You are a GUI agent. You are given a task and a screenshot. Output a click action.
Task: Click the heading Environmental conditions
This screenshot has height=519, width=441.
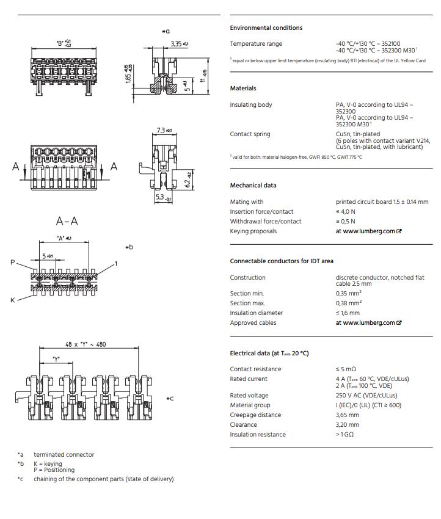click(x=266, y=28)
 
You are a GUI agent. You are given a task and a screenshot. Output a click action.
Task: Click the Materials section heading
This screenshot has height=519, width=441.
click(x=243, y=89)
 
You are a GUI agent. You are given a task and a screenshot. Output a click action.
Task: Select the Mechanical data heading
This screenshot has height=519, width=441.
click(x=253, y=186)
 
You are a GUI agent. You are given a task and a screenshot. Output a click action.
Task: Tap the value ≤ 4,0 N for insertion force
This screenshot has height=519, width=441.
click(x=346, y=212)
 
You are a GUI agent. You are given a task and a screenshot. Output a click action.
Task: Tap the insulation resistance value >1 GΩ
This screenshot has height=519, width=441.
click(x=345, y=435)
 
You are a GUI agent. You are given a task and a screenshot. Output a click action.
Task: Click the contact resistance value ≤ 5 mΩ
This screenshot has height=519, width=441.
click(x=346, y=369)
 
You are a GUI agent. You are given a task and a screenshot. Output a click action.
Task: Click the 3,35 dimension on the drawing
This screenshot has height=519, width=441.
click(x=177, y=43)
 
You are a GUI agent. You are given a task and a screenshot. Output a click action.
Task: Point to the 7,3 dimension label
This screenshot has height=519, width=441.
click(x=161, y=130)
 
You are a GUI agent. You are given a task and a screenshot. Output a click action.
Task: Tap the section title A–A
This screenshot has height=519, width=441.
click(x=67, y=221)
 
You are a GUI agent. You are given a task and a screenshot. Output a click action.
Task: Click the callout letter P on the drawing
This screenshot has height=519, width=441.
click(x=13, y=262)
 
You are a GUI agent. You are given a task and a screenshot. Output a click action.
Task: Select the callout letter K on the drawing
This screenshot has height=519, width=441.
click(x=13, y=300)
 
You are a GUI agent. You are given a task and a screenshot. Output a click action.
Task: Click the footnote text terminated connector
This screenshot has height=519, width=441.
click(x=64, y=455)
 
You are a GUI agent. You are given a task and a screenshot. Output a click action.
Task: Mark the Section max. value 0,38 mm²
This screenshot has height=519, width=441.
click(x=348, y=303)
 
